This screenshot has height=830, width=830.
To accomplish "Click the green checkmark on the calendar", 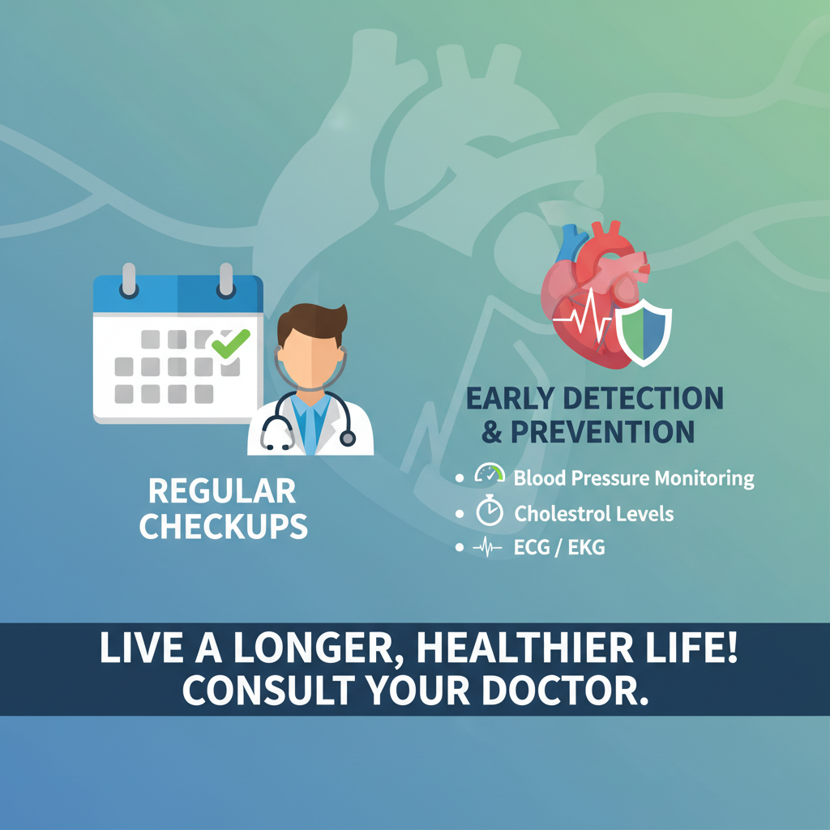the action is click(231, 343).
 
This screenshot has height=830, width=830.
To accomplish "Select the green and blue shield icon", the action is click(644, 332).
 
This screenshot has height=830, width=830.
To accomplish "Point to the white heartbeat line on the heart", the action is click(582, 317).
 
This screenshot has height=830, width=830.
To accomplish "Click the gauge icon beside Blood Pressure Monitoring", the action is click(490, 473).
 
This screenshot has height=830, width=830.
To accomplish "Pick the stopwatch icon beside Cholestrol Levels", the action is click(490, 511).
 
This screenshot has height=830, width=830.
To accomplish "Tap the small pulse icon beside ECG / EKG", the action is click(487, 547).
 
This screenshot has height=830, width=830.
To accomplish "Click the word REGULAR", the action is click(222, 491).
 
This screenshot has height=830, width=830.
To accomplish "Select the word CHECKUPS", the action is click(224, 526).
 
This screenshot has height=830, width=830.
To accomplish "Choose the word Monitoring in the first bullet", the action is click(704, 479).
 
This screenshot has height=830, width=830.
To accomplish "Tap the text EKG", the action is click(586, 547).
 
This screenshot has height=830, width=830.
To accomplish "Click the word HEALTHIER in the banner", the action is click(526, 649).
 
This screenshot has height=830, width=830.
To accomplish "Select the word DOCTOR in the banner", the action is click(565, 691).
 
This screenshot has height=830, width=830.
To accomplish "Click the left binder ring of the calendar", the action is click(129, 280).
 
